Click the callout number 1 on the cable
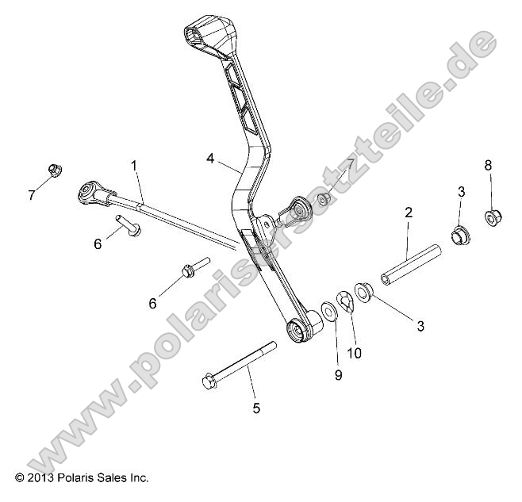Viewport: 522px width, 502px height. (134, 166)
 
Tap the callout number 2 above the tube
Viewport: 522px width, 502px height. (409, 213)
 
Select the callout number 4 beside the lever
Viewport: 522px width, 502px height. (210, 159)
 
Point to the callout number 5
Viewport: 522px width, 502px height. (255, 408)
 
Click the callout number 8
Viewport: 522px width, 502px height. (488, 165)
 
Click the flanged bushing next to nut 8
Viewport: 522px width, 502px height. (459, 235)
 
